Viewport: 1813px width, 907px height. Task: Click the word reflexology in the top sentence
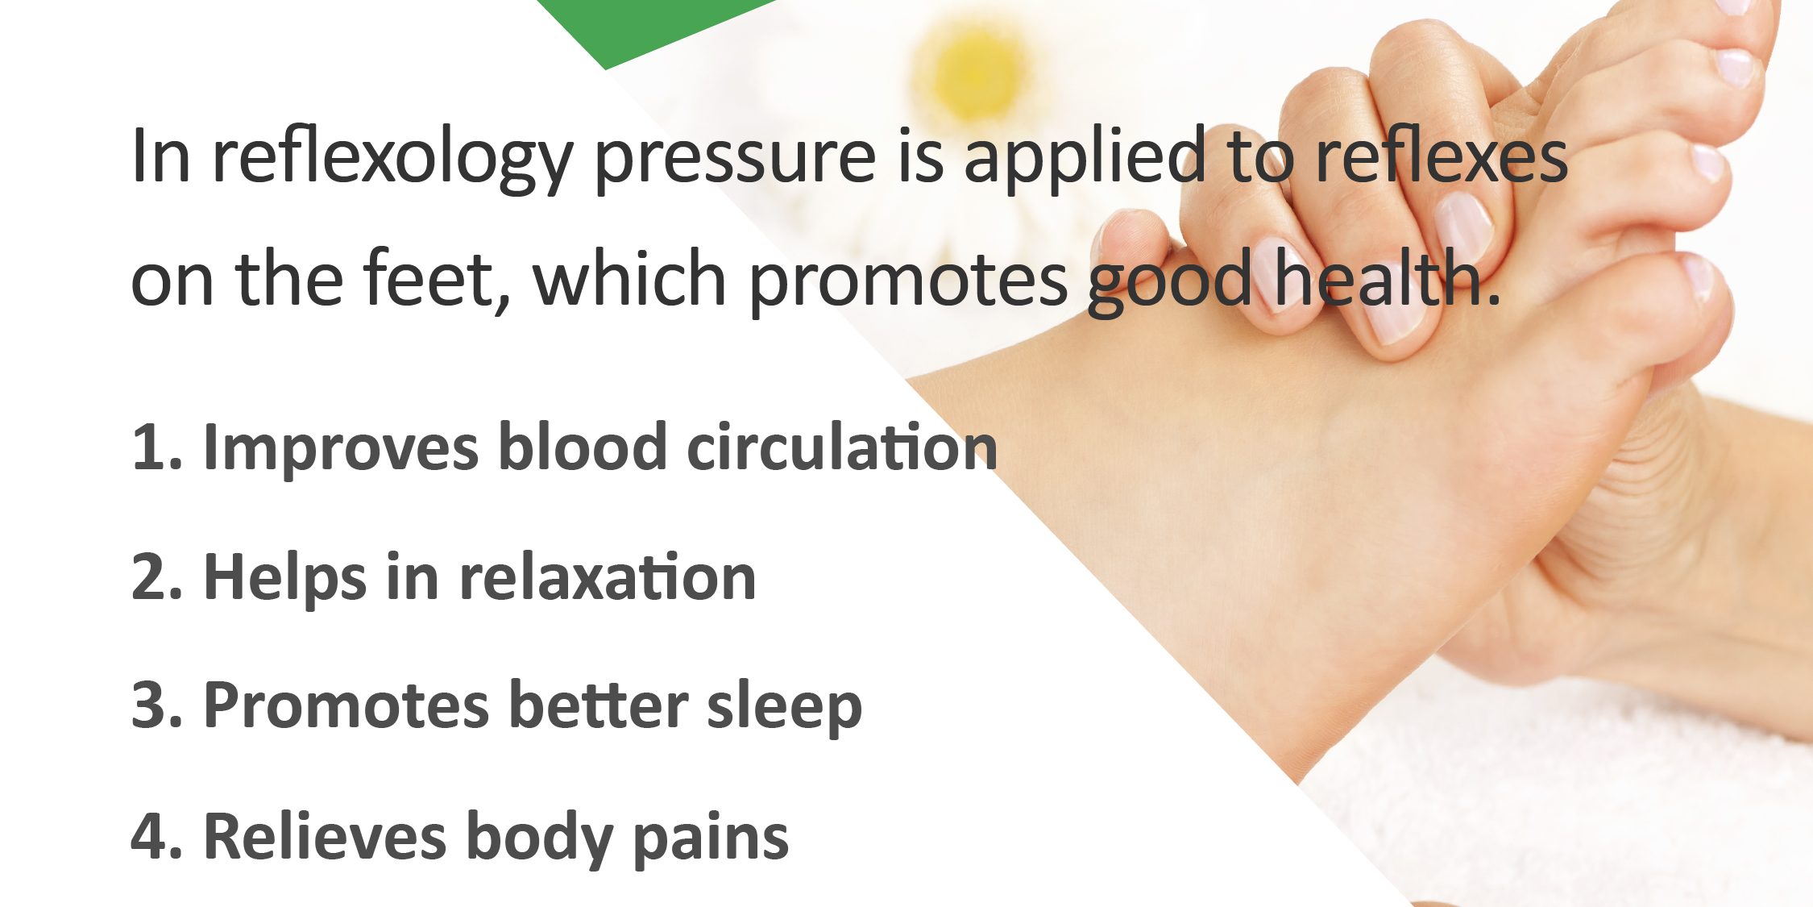click(392, 158)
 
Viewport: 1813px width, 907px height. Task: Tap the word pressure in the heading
click(735, 158)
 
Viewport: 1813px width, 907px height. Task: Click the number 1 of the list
click(147, 448)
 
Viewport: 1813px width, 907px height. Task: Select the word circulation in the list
click(842, 448)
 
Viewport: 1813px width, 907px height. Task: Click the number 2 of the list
click(148, 578)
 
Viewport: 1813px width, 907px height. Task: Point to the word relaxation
click(608, 578)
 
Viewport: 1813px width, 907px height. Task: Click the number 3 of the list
click(148, 706)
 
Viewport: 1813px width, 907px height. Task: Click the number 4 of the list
click(148, 837)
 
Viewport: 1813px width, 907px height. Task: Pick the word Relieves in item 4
click(325, 837)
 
